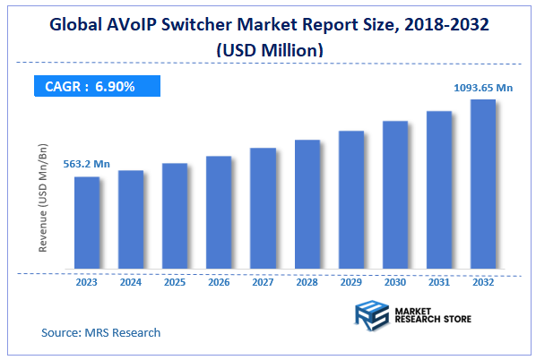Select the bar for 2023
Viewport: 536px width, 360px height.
(87, 223)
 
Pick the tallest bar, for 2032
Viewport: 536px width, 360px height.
(483, 184)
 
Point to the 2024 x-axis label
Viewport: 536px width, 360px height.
(131, 281)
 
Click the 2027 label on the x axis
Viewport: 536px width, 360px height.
(263, 281)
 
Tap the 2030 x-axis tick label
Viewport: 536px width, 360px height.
(395, 281)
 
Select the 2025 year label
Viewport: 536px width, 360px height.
(175, 281)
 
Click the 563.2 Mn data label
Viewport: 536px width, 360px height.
(86, 164)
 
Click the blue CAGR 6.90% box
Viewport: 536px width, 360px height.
(97, 87)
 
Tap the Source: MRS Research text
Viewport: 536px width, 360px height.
(101, 332)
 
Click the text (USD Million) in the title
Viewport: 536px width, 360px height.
(268, 51)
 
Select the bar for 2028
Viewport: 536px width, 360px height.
(307, 205)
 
